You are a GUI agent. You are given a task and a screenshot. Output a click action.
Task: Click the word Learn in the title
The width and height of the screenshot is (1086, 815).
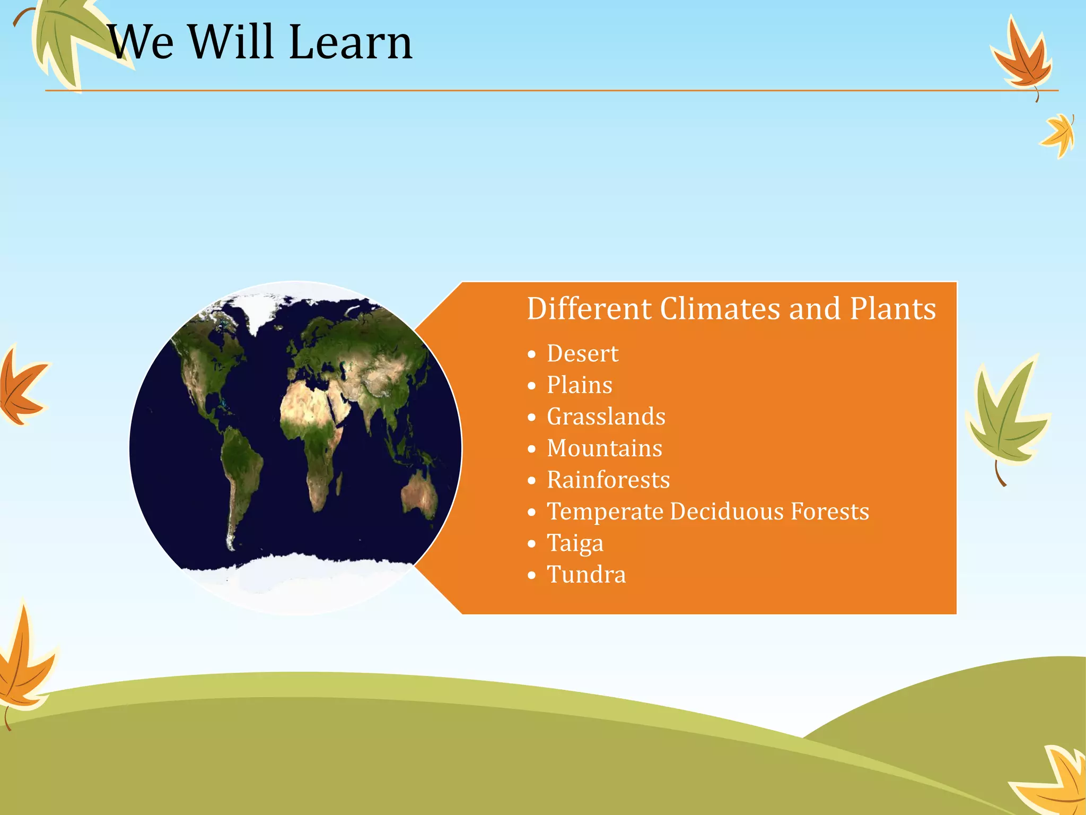pyautogui.click(x=351, y=42)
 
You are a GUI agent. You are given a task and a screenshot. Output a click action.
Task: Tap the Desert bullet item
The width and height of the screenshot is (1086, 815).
pyautogui.click(x=582, y=354)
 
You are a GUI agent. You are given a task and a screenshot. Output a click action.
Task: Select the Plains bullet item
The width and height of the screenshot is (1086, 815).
pyautogui.click(x=579, y=385)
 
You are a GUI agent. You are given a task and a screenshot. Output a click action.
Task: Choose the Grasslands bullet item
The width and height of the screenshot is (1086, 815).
pyautogui.click(x=606, y=417)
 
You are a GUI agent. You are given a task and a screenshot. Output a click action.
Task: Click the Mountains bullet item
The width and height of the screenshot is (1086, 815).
pyautogui.click(x=604, y=448)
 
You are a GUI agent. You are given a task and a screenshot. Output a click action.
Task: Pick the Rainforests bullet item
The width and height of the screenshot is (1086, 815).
pyautogui.click(x=608, y=480)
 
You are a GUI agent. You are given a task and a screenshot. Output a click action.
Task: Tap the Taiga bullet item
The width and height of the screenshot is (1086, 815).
pyautogui.click(x=575, y=543)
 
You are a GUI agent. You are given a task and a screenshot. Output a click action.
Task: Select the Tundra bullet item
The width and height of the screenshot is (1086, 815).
pyautogui.click(x=586, y=575)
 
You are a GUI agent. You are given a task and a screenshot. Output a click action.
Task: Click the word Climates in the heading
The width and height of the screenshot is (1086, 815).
pyautogui.click(x=720, y=309)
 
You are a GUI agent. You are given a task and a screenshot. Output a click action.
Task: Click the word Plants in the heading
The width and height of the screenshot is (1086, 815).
pyautogui.click(x=892, y=309)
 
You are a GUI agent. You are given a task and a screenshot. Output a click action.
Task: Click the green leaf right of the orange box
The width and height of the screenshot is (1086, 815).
pyautogui.click(x=1005, y=419)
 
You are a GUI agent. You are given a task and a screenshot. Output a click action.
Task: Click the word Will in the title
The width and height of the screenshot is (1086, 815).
pyautogui.click(x=231, y=42)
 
